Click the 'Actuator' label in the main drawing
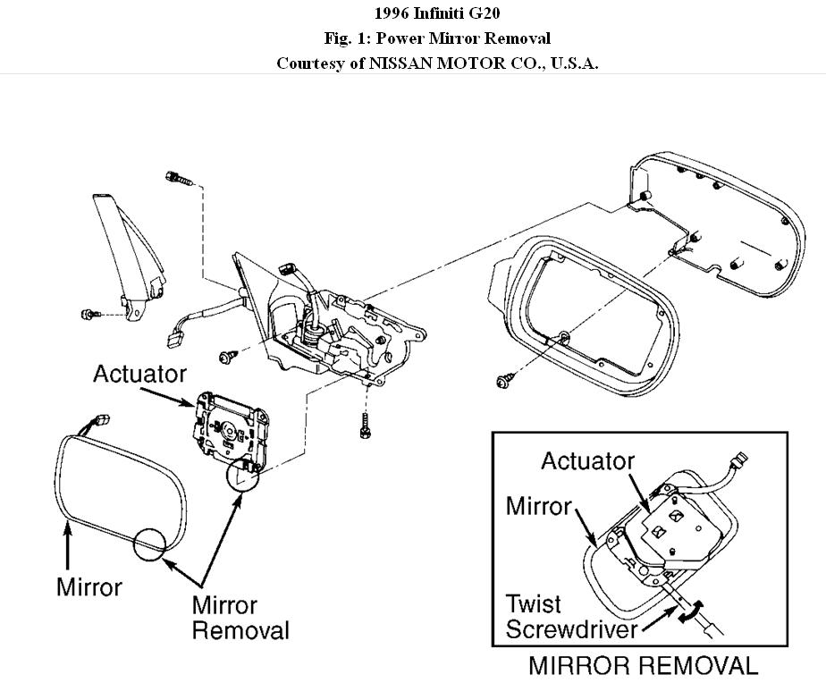[139, 374]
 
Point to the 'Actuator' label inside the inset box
[587, 461]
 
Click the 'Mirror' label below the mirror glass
[88, 587]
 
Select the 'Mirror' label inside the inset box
[538, 506]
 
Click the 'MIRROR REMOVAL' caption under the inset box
[643, 666]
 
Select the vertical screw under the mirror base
[365, 426]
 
